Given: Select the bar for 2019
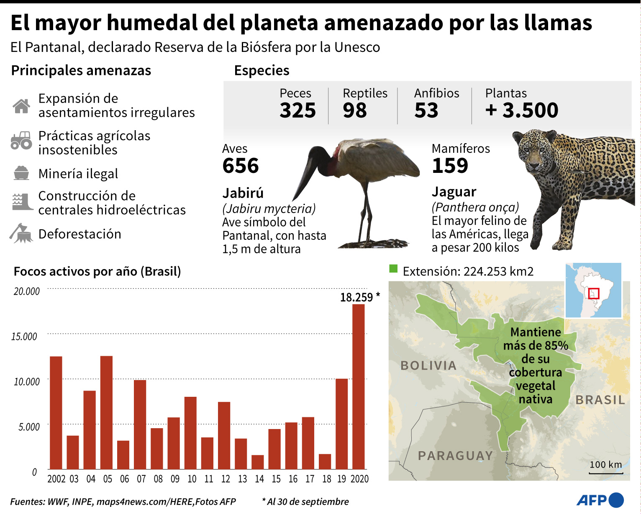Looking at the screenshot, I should coord(341,424).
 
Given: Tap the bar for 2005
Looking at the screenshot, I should coord(106,412).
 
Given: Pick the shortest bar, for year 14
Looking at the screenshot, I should coord(257,462).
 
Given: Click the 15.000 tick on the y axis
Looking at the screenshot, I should coord(24,337).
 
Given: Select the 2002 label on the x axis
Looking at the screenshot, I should coord(56,479).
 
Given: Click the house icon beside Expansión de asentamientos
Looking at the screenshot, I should coord(21,106).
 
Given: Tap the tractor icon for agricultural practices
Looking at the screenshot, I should coord(21,141).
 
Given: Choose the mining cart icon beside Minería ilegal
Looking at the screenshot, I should coord(21,173).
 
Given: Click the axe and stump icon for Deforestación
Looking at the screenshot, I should coord(21,234).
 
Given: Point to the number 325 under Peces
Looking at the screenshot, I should coord(297,111).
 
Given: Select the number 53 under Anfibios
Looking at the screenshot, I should coord(426,111).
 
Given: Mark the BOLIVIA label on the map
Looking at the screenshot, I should coord(428,365).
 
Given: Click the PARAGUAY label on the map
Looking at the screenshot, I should coord(455,455).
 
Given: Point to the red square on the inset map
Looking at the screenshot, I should coord(593,293).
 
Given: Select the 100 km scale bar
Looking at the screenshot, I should coord(606,473).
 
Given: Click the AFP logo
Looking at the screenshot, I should coord(600,500).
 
